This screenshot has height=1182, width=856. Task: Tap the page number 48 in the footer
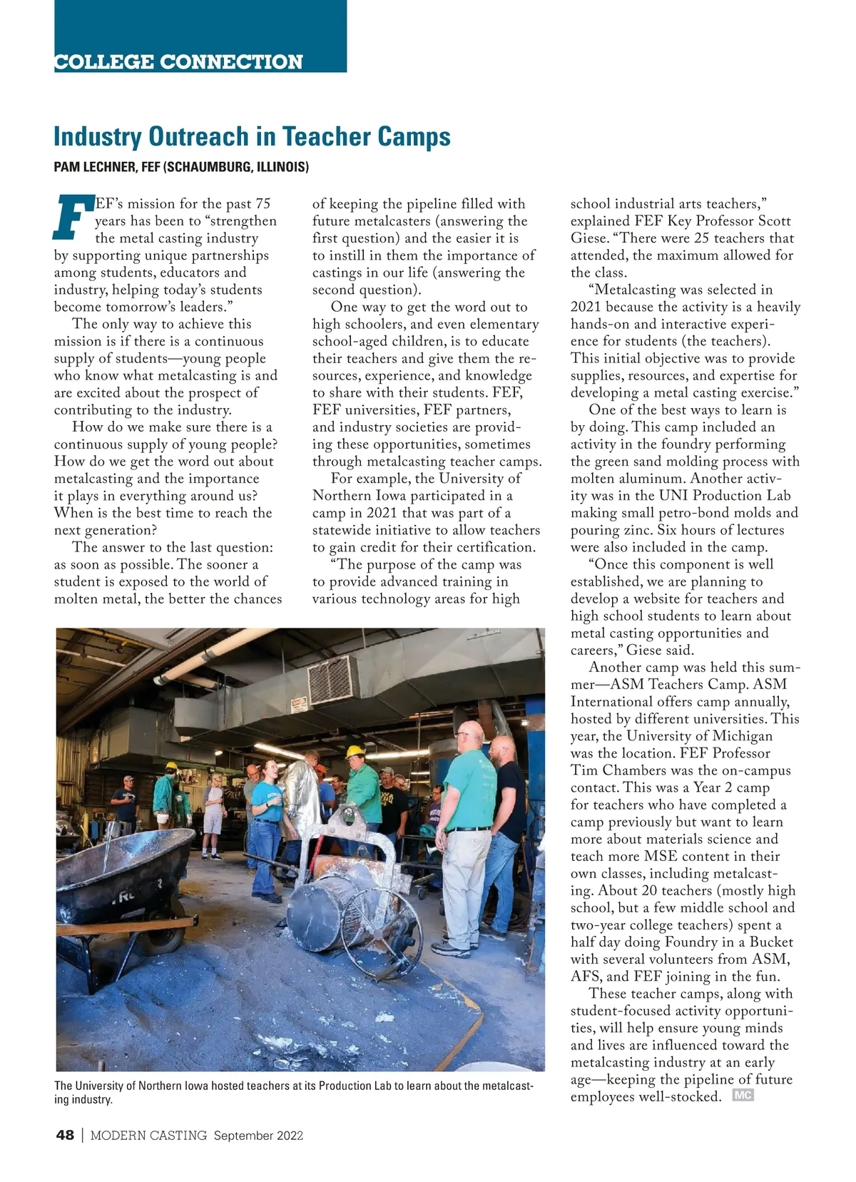[x=64, y=1136]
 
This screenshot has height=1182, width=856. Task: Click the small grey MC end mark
[x=743, y=1096]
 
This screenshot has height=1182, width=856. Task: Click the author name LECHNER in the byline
[x=106, y=168]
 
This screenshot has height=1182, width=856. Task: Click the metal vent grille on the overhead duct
[x=332, y=676]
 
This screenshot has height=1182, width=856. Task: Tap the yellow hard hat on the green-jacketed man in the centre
[x=355, y=751]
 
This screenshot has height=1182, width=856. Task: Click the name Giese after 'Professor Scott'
[x=588, y=238]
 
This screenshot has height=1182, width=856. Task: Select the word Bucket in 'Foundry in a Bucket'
[x=770, y=942]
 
